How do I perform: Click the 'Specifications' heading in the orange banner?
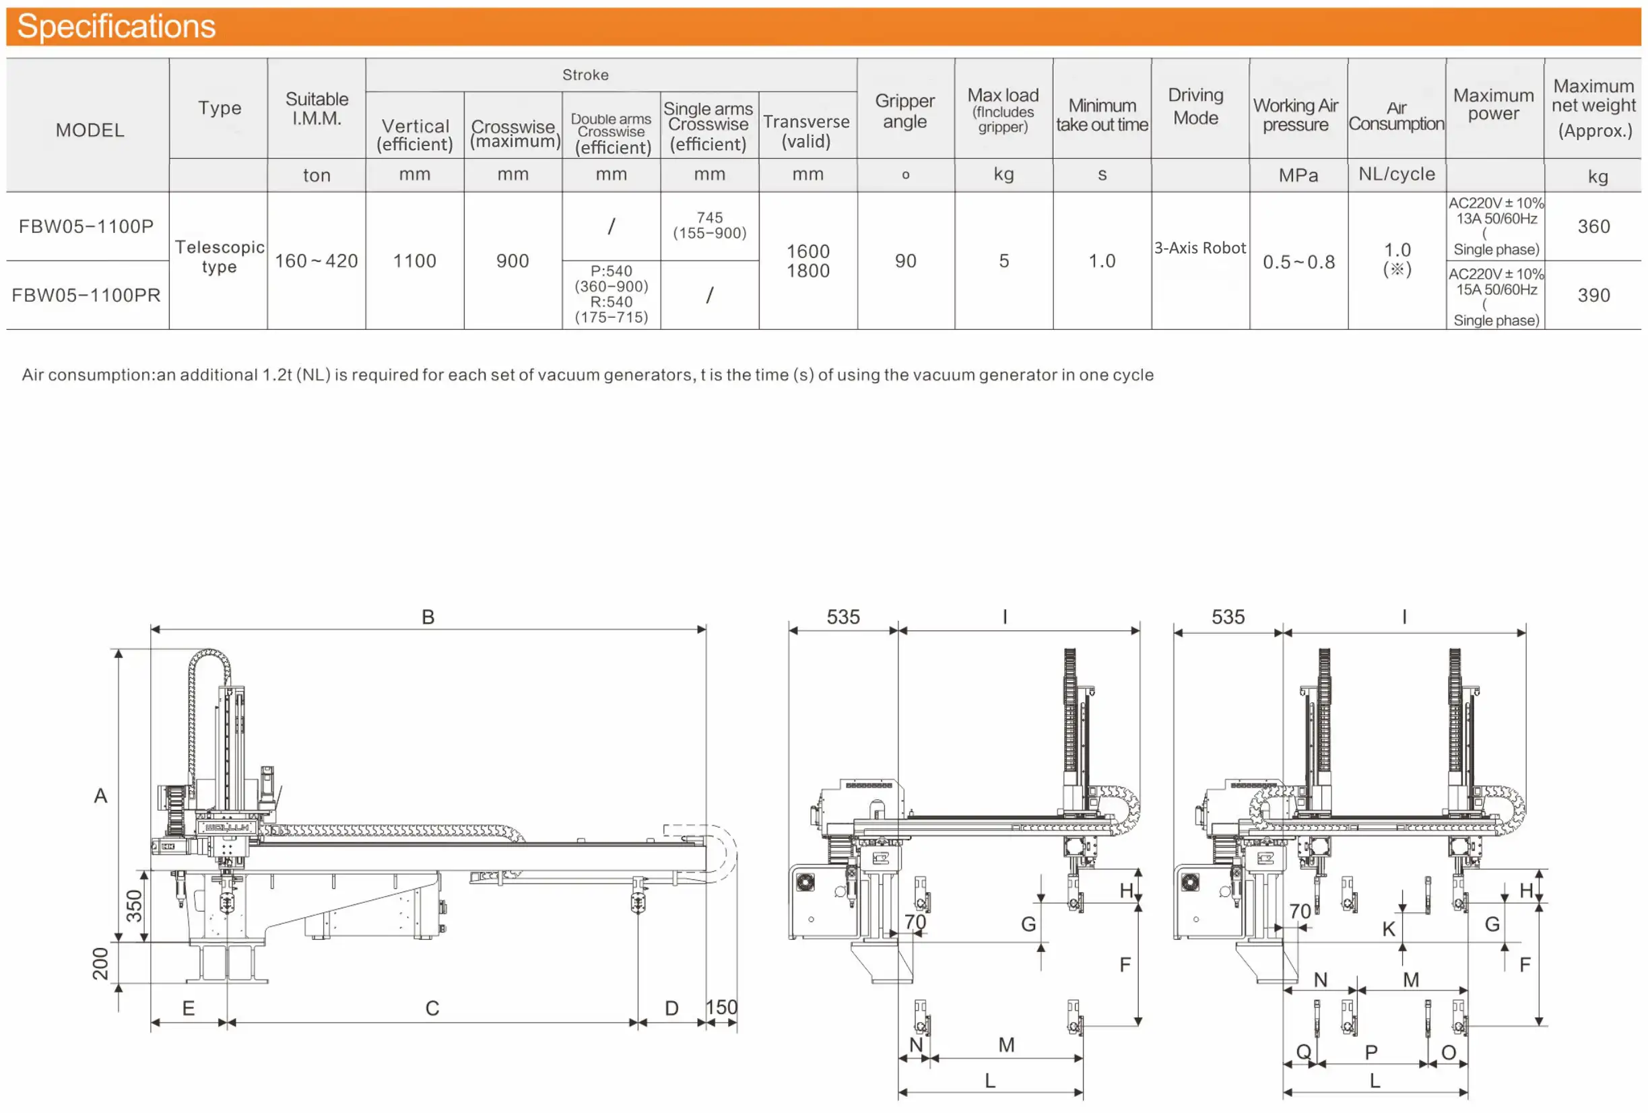pos(116,26)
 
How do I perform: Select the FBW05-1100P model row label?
pos(86,226)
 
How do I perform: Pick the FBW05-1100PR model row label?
pos(86,295)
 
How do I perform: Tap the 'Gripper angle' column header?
pos(905,110)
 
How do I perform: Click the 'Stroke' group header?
pos(585,75)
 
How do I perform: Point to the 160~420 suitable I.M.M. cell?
pos(317,261)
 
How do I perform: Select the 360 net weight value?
pos(1593,226)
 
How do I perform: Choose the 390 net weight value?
pos(1593,295)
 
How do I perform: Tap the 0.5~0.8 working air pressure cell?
pos(1298,262)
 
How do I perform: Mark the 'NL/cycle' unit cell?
pos(1395,174)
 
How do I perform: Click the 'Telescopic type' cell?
pos(219,257)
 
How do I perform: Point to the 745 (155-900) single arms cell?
pos(709,225)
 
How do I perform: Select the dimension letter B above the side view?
pos(428,616)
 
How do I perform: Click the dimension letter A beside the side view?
pos(101,795)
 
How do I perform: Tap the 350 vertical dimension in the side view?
pos(134,906)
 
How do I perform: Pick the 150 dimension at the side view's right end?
pos(721,1007)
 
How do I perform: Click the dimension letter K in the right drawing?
pos(1388,928)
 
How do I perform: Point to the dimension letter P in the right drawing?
pos(1371,1051)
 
